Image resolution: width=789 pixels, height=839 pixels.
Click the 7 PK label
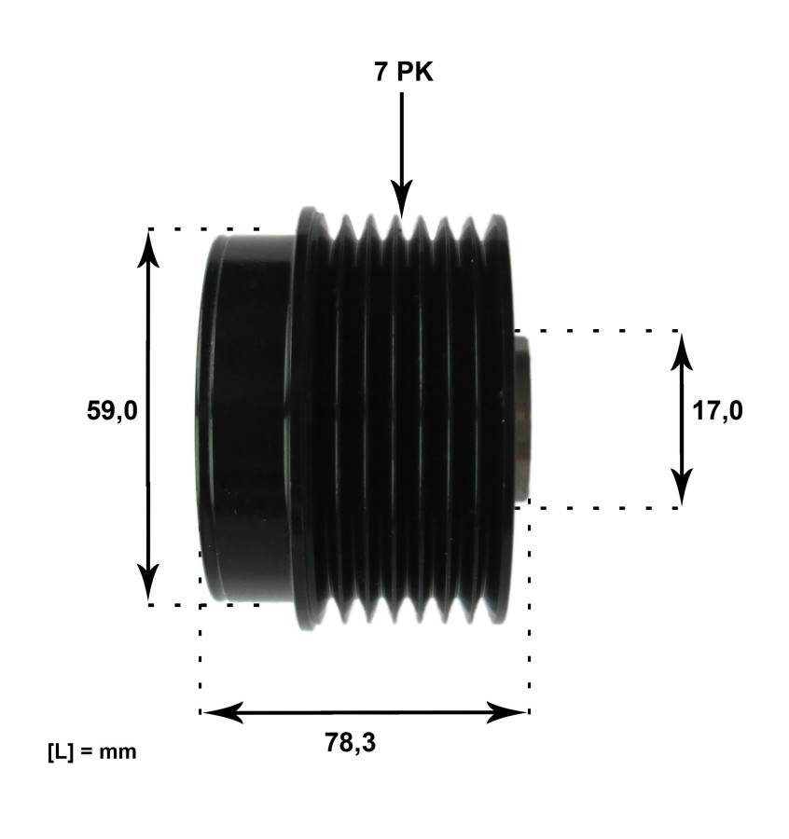click(403, 72)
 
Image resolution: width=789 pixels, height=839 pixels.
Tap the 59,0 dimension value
click(112, 411)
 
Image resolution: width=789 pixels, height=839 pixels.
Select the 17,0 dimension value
click(718, 411)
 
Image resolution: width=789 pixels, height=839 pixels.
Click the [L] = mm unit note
click(91, 750)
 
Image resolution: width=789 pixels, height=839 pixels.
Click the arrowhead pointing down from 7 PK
click(402, 200)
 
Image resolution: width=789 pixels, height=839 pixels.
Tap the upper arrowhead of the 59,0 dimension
click(149, 244)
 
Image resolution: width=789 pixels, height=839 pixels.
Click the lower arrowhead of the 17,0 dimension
click(683, 489)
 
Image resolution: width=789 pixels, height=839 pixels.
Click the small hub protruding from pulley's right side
click(523, 418)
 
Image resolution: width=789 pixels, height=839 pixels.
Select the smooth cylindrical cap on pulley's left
click(244, 417)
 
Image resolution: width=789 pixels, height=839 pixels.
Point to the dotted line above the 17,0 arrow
click(597, 330)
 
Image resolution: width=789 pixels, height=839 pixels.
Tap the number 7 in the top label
click(381, 72)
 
